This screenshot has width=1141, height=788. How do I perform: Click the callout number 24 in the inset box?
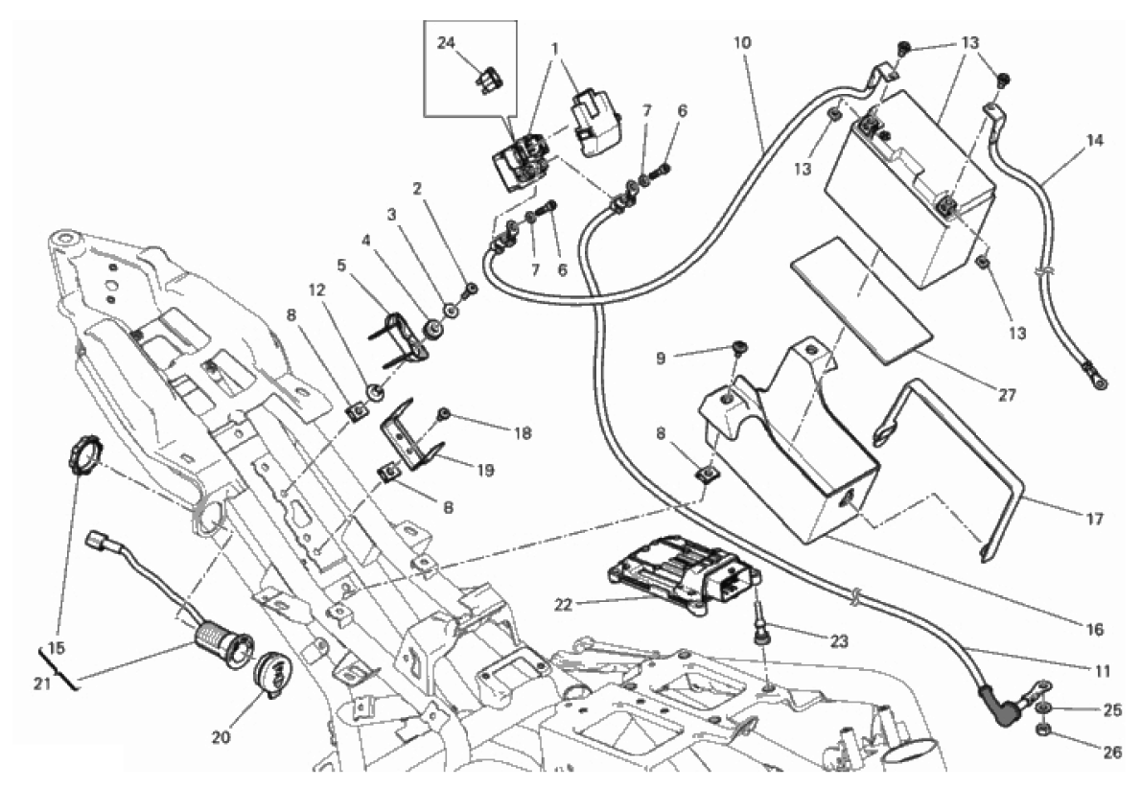[446, 42]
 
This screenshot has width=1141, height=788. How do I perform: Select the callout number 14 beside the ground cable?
[1094, 140]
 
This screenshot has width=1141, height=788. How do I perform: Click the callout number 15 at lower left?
[58, 649]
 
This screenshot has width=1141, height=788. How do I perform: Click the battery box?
[796, 451]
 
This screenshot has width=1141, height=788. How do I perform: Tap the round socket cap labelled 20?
[273, 669]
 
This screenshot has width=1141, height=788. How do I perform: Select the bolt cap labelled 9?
[739, 347]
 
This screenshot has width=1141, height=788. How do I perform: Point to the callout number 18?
[520, 433]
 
